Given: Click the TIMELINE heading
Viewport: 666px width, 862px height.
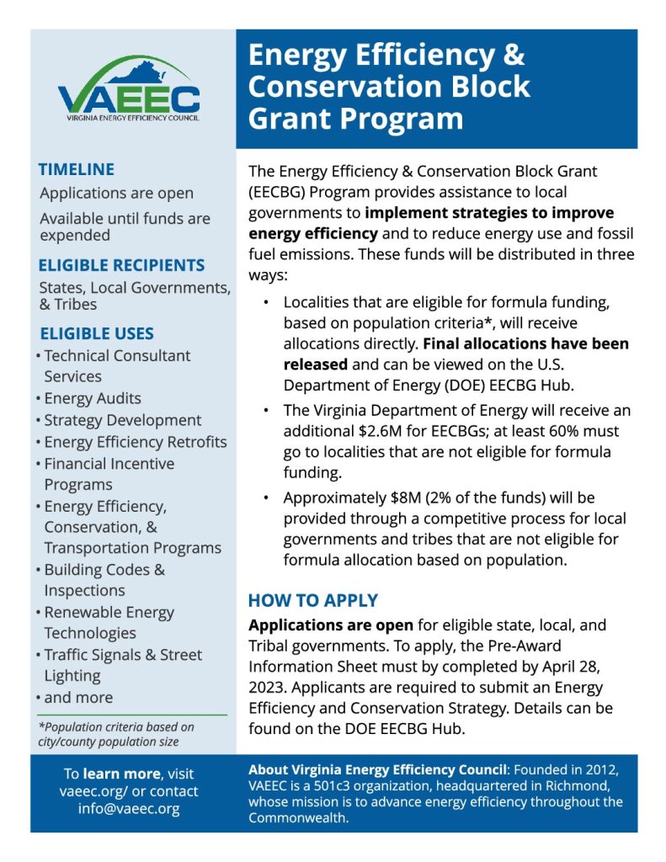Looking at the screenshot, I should point(77,169).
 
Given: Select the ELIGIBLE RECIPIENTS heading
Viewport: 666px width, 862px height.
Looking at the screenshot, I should point(121,265).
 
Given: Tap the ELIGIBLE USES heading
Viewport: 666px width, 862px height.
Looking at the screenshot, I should point(96,333).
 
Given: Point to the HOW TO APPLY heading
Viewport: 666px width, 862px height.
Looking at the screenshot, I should point(312,601).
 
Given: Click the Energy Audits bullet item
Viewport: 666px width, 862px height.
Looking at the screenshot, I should point(93,398).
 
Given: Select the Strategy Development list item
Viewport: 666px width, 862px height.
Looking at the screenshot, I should point(123,420).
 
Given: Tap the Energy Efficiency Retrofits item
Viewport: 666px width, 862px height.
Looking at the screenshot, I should point(136,442).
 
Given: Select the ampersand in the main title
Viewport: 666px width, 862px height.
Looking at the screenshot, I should point(513,56).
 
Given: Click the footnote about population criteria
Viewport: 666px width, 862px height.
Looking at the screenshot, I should point(116,734).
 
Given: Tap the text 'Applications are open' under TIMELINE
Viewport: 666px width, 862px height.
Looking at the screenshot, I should point(116,194).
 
